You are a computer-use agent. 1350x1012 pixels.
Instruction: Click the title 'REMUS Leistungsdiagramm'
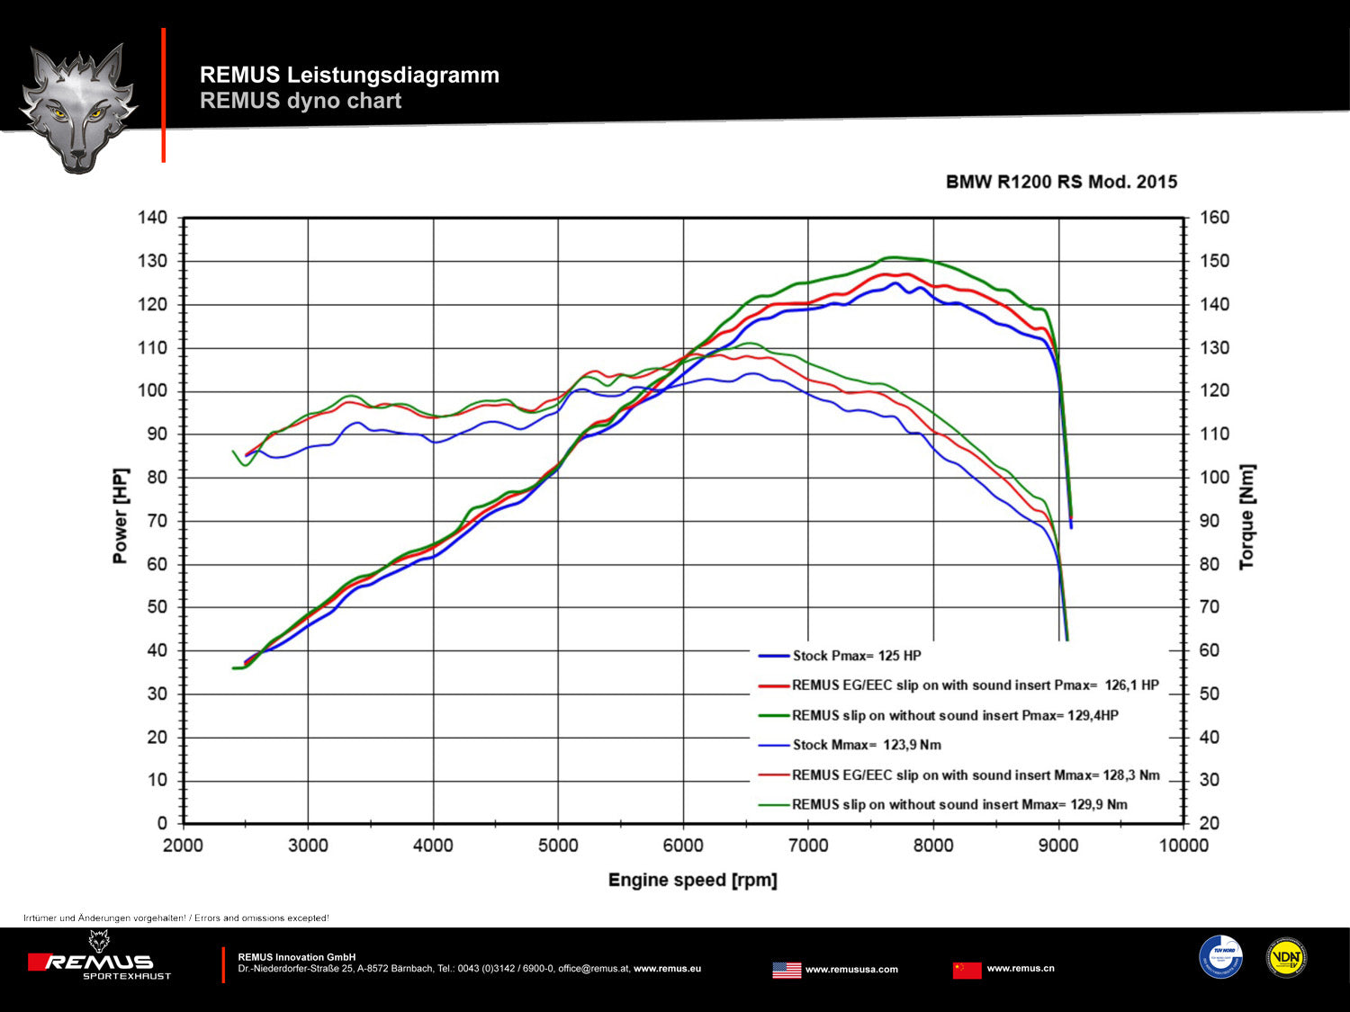349,75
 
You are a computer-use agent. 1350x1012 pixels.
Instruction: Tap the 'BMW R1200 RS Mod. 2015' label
1061,182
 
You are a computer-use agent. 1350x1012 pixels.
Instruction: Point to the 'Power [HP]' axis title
121,515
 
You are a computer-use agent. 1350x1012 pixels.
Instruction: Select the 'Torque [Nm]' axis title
1246,517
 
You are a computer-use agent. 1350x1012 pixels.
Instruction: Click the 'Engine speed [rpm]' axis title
692,880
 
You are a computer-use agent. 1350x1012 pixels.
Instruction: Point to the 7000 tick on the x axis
808,846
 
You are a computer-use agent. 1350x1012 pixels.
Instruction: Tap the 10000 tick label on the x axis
1183,846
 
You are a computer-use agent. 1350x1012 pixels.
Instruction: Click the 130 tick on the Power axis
152,261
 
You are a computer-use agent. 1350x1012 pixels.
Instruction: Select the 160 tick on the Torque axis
1214,218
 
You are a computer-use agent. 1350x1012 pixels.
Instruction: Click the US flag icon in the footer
787,970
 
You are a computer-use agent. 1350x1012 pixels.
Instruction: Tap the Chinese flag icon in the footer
967,970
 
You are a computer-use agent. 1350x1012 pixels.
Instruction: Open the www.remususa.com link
851,970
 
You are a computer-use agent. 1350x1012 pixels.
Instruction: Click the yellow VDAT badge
1286,958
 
